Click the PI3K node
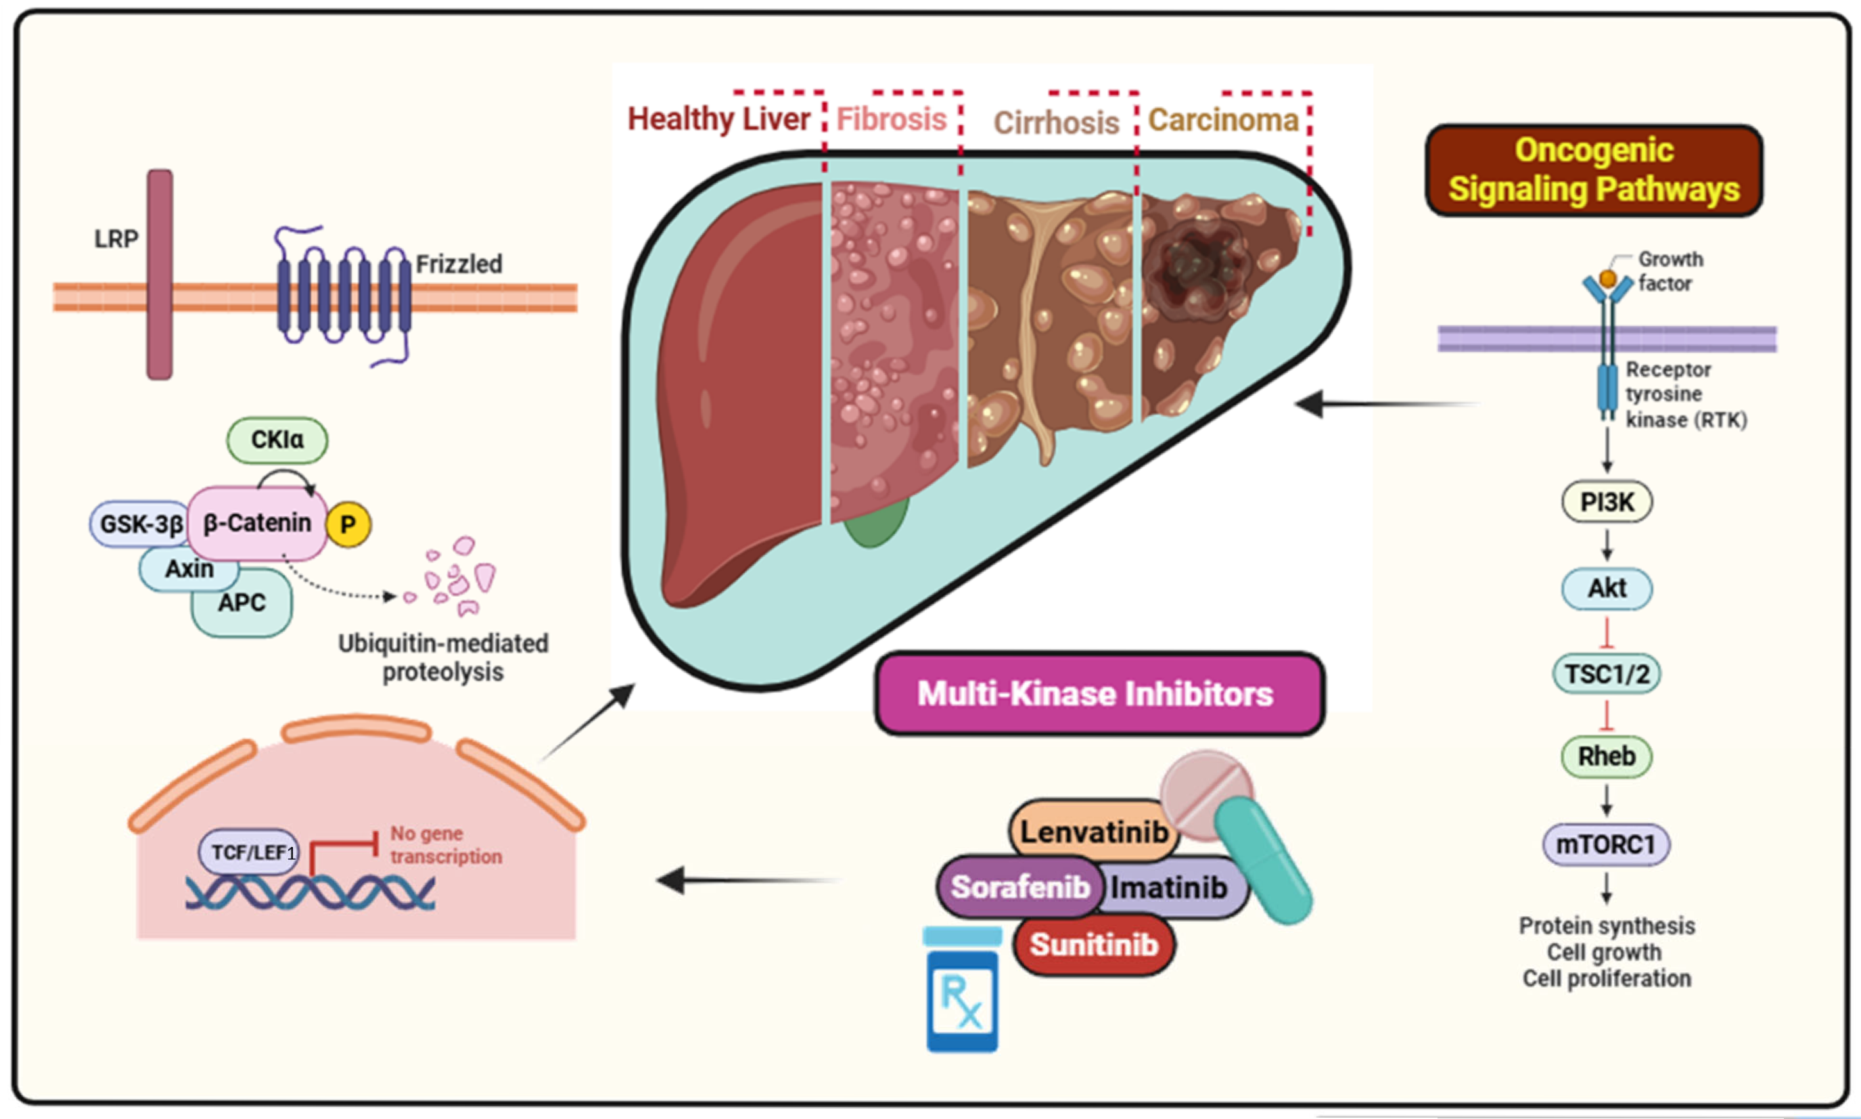pos(1606,501)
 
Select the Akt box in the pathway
pos(1606,588)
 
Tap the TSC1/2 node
pos(1606,673)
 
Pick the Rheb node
pos(1606,756)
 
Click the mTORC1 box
pos(1605,844)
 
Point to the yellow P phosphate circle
pos(348,524)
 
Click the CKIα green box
pos(277,440)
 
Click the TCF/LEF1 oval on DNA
pos(249,852)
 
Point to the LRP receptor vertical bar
pos(160,275)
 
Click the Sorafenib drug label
pos(1019,887)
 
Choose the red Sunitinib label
pos(1093,944)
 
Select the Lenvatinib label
pos(1093,831)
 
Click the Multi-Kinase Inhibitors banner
pos(1097,693)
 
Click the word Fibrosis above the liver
pos(891,119)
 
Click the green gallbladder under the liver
pos(874,524)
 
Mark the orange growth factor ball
pos(1607,279)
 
